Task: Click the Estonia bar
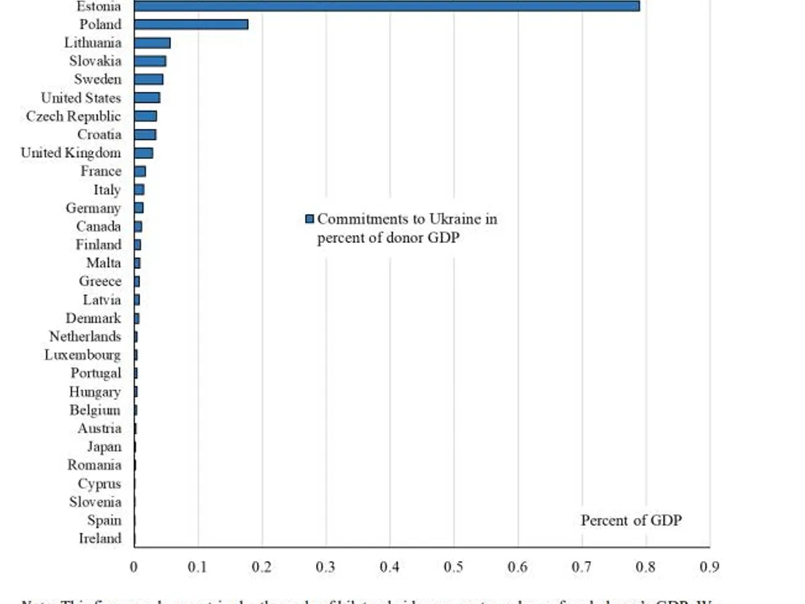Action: click(386, 6)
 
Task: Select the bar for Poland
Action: click(191, 24)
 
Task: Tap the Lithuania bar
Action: click(152, 43)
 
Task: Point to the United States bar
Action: click(147, 98)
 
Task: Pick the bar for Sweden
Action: click(148, 79)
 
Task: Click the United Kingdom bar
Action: click(144, 153)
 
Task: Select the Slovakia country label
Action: click(95, 61)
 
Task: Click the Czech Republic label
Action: click(74, 116)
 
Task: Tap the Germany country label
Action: click(93, 208)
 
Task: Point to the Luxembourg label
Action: click(83, 355)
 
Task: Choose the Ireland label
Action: click(100, 538)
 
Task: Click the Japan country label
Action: click(104, 447)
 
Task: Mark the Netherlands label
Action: click(85, 336)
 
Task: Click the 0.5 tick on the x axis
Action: click(453, 567)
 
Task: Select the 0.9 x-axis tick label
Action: click(709, 567)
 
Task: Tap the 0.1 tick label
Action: click(198, 567)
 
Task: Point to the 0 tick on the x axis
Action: click(134, 567)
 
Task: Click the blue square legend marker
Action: click(309, 219)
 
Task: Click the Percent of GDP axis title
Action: click(631, 520)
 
